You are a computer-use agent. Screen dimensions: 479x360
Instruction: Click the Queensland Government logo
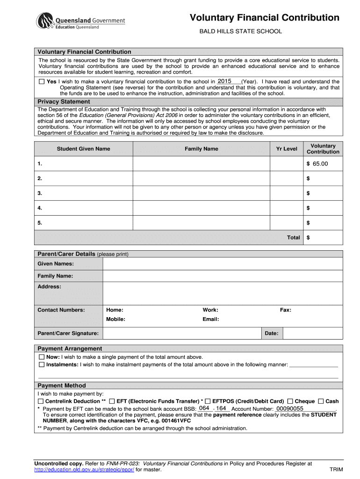(x=80, y=21)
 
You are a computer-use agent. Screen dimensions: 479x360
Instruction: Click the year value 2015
(x=225, y=81)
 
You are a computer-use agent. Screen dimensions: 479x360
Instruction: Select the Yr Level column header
(x=286, y=149)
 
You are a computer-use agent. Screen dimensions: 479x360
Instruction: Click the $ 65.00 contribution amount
(x=317, y=164)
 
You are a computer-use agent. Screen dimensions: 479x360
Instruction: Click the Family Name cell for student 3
(x=201, y=193)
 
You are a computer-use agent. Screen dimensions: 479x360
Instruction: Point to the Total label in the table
(x=293, y=238)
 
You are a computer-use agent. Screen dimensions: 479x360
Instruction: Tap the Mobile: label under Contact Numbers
(x=115, y=319)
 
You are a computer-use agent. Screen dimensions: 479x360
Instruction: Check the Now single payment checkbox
(x=41, y=357)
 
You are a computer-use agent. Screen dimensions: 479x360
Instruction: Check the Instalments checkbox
(x=41, y=364)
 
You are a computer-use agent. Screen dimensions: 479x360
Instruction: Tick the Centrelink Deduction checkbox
(x=41, y=401)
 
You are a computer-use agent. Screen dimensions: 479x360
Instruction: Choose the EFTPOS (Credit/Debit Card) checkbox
(x=208, y=401)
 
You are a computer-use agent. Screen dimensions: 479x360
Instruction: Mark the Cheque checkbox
(x=290, y=401)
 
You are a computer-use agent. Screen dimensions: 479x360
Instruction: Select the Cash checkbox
(x=321, y=401)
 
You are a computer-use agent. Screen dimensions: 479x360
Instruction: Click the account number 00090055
(x=290, y=408)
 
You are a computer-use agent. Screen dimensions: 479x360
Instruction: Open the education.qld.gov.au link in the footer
(x=84, y=470)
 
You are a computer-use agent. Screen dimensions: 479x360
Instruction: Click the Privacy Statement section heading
(x=64, y=102)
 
